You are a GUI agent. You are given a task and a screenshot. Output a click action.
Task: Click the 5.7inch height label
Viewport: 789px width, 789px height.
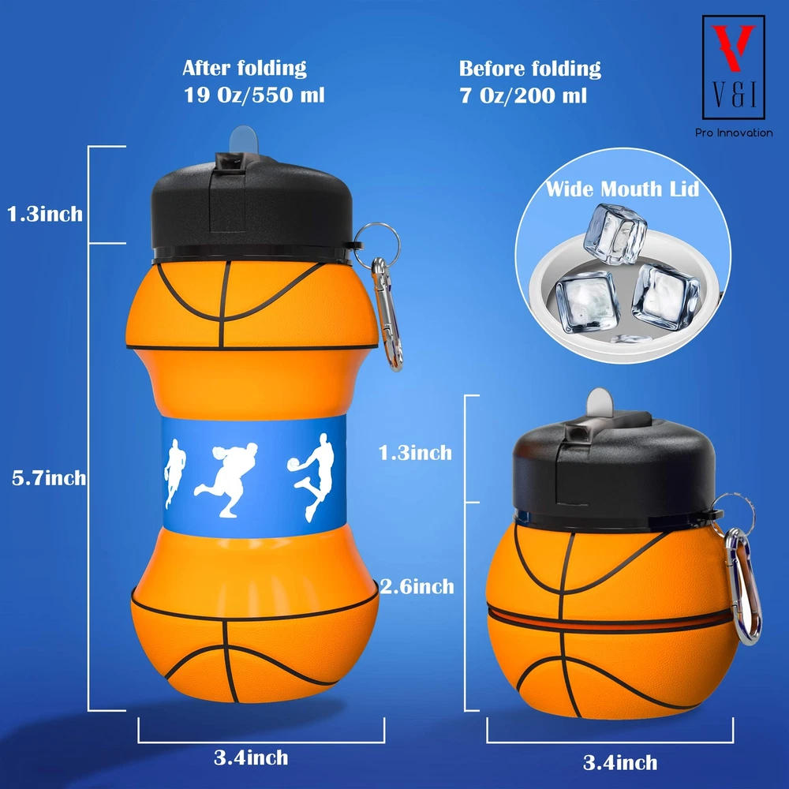click(49, 477)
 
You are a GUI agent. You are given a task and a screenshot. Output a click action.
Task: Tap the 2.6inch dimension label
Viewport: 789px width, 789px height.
click(417, 586)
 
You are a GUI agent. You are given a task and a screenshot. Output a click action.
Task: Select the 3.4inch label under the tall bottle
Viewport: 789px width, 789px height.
click(251, 757)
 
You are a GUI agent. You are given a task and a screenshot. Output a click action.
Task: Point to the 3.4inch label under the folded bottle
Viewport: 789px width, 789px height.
click(620, 762)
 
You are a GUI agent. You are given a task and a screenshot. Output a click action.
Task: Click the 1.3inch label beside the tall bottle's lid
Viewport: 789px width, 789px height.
click(45, 214)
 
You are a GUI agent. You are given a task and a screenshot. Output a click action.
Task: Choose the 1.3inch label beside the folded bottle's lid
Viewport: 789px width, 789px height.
click(415, 453)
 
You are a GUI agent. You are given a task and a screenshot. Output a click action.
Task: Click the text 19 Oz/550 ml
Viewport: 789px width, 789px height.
click(254, 95)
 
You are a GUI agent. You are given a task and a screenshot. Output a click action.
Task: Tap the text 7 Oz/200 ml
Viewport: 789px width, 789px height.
click(523, 95)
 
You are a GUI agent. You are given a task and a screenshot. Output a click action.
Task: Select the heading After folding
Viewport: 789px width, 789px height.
click(245, 68)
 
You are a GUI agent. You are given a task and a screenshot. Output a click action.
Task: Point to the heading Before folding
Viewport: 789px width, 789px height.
click(530, 69)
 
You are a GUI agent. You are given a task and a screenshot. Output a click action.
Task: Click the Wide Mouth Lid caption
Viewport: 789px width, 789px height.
click(623, 189)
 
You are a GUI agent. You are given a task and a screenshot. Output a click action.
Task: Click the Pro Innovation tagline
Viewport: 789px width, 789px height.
click(734, 133)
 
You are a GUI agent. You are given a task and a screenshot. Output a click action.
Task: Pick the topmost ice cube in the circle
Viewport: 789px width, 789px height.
click(615, 234)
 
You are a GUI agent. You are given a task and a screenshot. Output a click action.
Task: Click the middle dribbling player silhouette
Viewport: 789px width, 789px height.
click(227, 479)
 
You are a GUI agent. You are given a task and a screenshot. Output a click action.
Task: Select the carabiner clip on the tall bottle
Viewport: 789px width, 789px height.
click(386, 315)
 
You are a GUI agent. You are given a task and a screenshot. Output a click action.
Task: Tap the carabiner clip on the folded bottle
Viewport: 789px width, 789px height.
click(742, 586)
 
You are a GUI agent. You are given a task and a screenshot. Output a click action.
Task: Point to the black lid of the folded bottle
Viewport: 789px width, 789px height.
click(614, 470)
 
